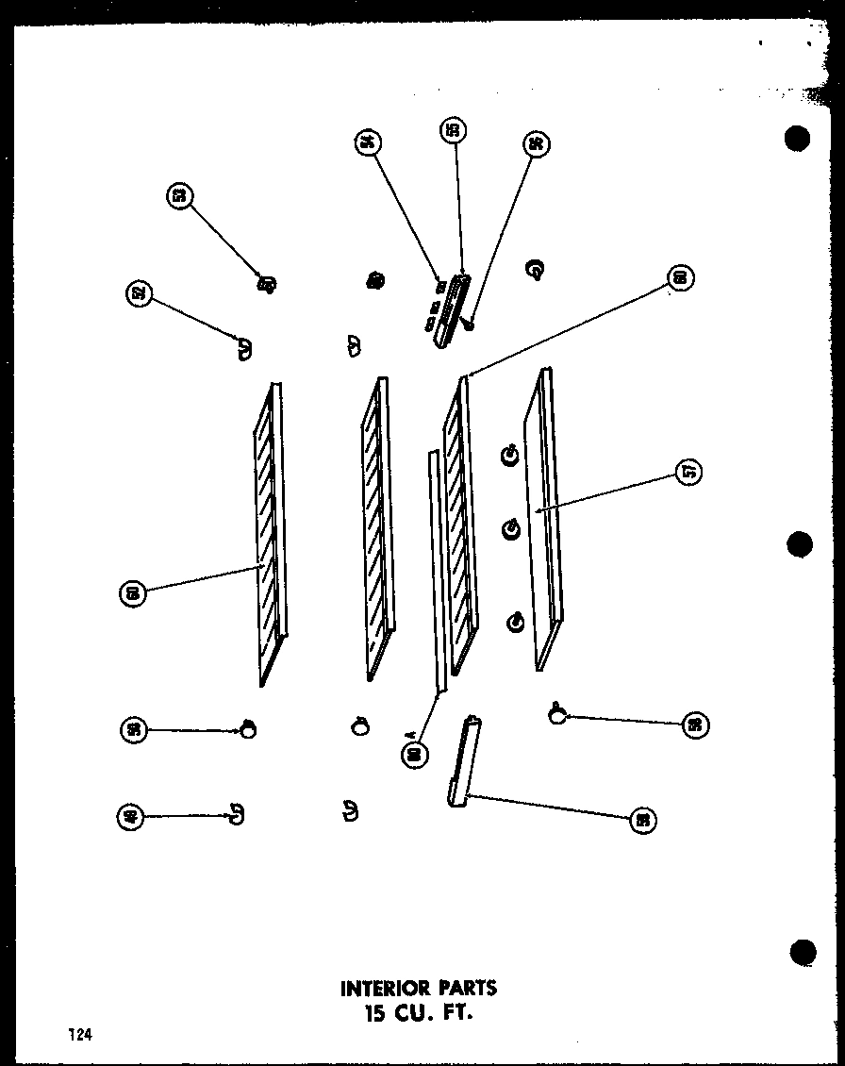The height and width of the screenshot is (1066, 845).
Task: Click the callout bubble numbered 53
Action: click(179, 196)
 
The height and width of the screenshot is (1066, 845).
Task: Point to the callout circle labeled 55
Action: click(452, 131)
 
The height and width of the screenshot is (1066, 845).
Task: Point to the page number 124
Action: click(79, 1035)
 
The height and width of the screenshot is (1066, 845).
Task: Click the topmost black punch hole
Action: click(798, 139)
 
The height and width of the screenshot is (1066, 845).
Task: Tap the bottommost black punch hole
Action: click(802, 952)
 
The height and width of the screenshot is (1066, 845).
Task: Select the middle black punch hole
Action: click(800, 544)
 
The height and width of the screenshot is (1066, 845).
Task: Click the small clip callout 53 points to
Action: click(267, 282)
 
